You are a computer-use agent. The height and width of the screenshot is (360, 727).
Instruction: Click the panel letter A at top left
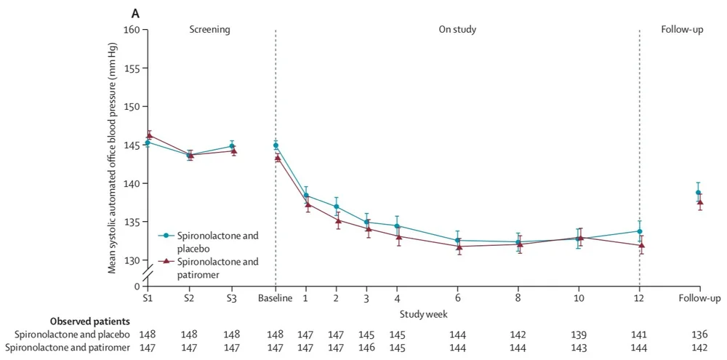[134, 13]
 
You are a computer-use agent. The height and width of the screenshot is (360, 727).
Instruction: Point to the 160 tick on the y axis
[132, 30]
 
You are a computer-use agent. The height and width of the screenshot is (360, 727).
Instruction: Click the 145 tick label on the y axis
[132, 145]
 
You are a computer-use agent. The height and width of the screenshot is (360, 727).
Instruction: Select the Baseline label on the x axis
[276, 299]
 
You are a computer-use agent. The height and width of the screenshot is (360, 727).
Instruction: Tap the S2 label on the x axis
[189, 299]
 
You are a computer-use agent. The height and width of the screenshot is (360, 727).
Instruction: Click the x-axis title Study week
[422, 313]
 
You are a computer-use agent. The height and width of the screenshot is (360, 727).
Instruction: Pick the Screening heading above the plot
[209, 30]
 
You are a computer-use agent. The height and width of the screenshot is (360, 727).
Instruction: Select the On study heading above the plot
[457, 30]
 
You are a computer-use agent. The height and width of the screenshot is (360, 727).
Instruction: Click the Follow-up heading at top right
[682, 30]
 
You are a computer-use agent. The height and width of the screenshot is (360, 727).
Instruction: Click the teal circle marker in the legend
[166, 236]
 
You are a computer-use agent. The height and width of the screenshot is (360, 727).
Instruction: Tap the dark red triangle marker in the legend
[166, 260]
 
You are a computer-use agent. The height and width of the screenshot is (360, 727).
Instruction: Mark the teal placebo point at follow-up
[699, 193]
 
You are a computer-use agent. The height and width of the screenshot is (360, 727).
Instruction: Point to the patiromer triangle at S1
[148, 135]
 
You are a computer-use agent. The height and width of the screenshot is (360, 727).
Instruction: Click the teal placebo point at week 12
[640, 231]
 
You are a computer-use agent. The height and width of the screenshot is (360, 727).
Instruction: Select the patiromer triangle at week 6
[458, 247]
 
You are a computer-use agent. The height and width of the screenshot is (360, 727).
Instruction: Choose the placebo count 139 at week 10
[579, 334]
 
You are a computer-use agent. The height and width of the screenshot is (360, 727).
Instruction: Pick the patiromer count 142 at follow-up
[699, 348]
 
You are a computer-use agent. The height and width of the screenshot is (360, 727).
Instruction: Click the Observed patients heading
[89, 320]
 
